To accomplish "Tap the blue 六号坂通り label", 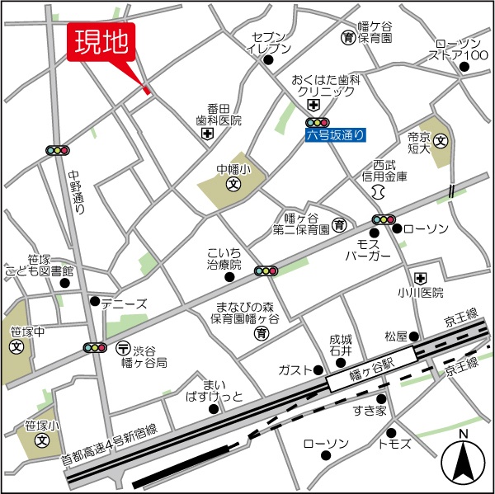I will [334, 134].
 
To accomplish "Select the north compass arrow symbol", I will [464, 462].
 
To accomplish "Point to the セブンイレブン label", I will [269, 43].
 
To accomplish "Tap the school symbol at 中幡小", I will [233, 185].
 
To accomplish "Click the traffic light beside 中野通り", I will [58, 150].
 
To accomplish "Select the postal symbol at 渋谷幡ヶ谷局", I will [123, 346].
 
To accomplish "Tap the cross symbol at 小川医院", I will [421, 277].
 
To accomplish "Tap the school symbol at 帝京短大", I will [442, 141].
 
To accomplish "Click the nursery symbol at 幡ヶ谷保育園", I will [349, 37].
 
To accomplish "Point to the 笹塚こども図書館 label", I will [39, 265].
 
